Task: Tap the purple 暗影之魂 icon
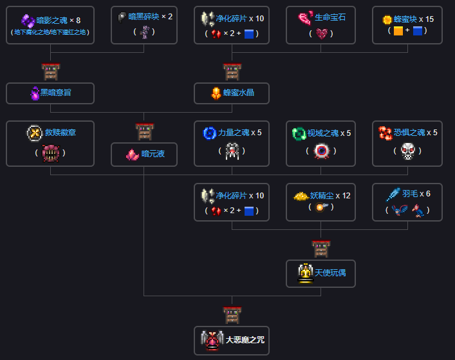(29, 21)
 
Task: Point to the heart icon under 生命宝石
(322, 33)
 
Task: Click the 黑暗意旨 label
(56, 93)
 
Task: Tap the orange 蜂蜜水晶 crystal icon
(216, 93)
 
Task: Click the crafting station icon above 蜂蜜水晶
(232, 72)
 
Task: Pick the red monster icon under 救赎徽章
(50, 153)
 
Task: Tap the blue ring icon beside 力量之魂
(210, 133)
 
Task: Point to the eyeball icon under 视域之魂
(321, 151)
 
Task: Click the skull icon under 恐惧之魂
(407, 151)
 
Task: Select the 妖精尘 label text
(322, 195)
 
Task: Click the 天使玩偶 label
(330, 273)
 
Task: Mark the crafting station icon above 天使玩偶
(320, 249)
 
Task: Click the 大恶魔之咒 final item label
(245, 339)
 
